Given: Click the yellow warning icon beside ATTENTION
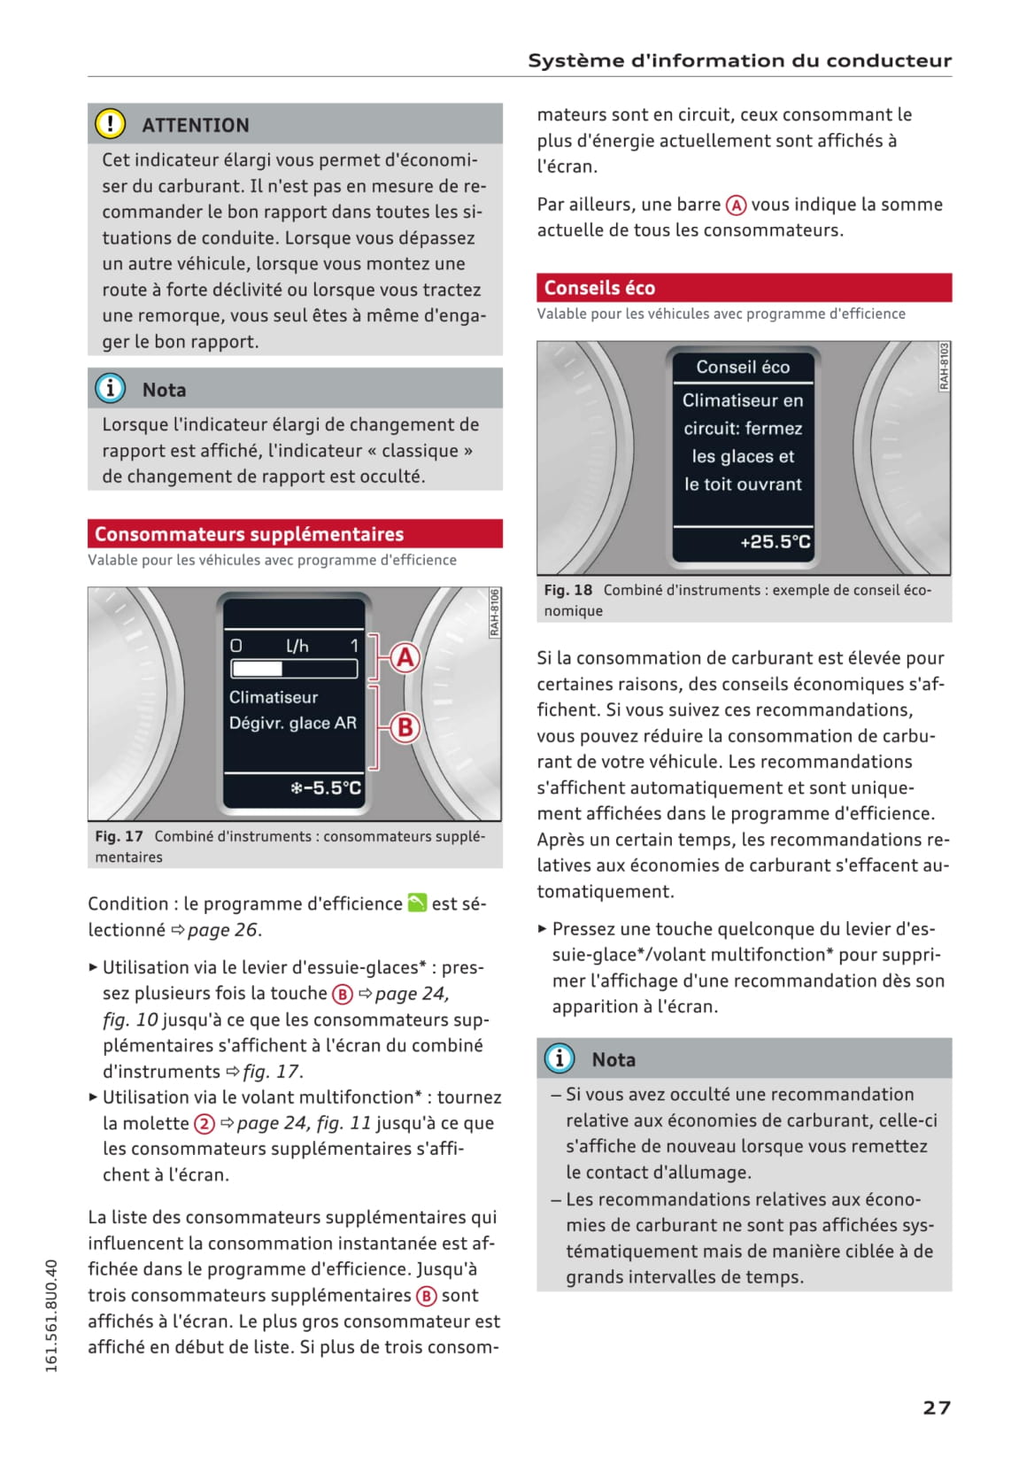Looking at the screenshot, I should (x=110, y=124).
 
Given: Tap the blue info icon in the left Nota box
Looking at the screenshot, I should (x=110, y=389).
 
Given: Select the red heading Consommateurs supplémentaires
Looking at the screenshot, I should (x=249, y=534).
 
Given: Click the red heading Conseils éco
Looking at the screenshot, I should (x=599, y=288).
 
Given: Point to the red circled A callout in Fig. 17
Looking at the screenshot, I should (x=405, y=658).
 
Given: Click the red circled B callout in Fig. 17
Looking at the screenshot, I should (x=405, y=727).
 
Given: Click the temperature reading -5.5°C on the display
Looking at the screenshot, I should (x=326, y=787).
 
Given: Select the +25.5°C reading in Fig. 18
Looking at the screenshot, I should (x=775, y=541).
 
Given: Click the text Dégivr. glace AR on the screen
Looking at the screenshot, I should (x=293, y=723).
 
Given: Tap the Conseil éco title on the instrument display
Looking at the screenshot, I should (x=743, y=367).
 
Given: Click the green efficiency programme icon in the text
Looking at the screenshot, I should (x=417, y=903).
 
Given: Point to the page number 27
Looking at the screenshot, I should (x=937, y=1407).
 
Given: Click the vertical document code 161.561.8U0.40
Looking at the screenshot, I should (x=51, y=1316).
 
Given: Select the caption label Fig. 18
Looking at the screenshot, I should (x=567, y=590).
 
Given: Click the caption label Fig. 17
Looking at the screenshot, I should (x=119, y=836).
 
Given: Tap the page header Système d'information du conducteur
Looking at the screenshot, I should (x=739, y=60).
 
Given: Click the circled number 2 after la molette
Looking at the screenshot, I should (x=205, y=1124).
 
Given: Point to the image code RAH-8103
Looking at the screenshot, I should (x=944, y=367).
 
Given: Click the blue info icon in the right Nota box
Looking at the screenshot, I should (x=560, y=1058).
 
